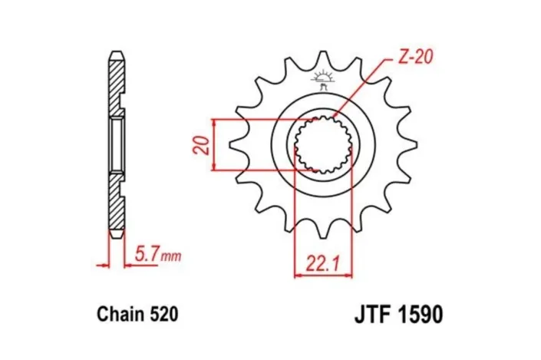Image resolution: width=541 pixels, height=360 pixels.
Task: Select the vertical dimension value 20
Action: [x=201, y=144]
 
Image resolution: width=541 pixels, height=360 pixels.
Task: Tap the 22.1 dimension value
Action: [x=324, y=264]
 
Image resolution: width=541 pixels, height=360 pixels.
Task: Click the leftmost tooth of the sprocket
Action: [x=239, y=143]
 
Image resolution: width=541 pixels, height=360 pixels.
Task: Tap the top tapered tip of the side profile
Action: [x=116, y=56]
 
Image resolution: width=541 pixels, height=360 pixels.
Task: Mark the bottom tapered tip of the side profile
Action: [x=116, y=233]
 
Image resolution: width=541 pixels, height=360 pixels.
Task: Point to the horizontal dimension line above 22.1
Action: [x=324, y=274]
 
